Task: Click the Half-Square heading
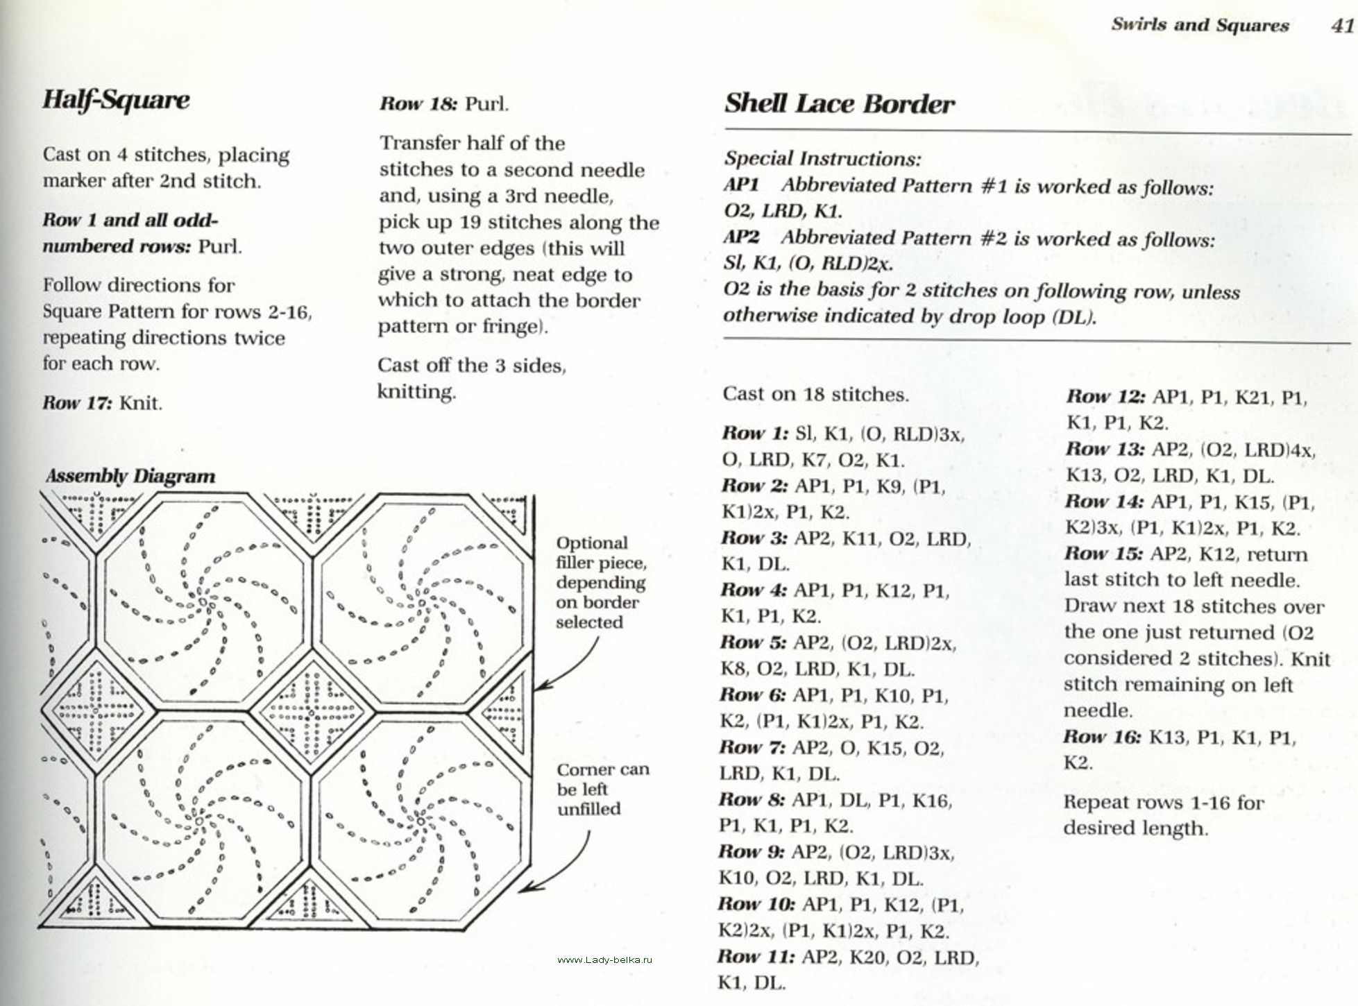click(x=116, y=100)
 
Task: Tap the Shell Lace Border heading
click(x=839, y=104)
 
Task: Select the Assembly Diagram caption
click(x=130, y=477)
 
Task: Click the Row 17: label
click(x=77, y=403)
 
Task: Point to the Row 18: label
click(x=418, y=104)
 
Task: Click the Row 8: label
click(x=752, y=800)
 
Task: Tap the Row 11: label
click(x=756, y=957)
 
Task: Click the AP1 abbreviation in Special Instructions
click(x=742, y=185)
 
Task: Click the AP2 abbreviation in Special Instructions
click(x=742, y=238)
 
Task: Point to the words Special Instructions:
click(x=822, y=159)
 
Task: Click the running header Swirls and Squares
click(x=1200, y=26)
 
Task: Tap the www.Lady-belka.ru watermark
click(x=605, y=960)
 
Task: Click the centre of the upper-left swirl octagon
click(x=205, y=604)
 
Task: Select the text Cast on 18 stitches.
click(x=815, y=395)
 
